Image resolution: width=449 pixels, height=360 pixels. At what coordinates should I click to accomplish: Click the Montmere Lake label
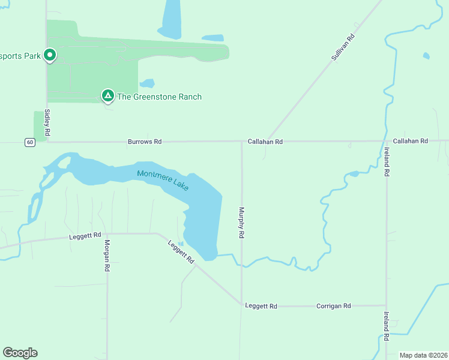(x=163, y=181)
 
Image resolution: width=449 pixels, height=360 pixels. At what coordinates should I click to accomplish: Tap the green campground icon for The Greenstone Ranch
(x=107, y=95)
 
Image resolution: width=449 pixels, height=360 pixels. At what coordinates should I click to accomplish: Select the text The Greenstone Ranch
(x=159, y=97)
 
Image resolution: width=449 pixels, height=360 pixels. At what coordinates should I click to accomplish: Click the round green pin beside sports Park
(x=50, y=55)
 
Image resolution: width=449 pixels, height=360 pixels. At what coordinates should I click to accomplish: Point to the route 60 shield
(x=29, y=142)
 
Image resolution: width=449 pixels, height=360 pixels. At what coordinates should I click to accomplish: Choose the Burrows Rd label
(x=145, y=142)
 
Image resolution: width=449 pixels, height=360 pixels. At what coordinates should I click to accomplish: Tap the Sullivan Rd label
(x=343, y=46)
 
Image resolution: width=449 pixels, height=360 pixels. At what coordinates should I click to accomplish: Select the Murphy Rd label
(x=241, y=223)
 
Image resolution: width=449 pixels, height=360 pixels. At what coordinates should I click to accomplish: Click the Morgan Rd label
(x=107, y=256)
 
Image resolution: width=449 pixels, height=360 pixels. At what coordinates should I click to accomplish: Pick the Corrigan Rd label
(x=333, y=306)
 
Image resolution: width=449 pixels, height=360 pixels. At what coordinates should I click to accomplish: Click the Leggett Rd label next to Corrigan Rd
(x=261, y=306)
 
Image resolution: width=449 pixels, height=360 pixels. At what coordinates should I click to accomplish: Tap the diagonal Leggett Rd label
(x=181, y=252)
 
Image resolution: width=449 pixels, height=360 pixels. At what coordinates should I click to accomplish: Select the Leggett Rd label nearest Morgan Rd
(x=85, y=237)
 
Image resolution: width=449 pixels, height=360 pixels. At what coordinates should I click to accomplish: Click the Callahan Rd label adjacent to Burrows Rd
(x=265, y=142)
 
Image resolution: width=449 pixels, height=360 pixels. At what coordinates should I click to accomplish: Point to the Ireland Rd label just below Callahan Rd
(x=387, y=161)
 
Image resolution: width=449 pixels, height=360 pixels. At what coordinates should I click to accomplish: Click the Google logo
(x=20, y=353)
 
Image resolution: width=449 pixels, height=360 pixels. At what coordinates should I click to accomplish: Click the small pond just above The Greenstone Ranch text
(x=147, y=83)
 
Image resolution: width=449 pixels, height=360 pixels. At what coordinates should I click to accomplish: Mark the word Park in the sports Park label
(x=31, y=56)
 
